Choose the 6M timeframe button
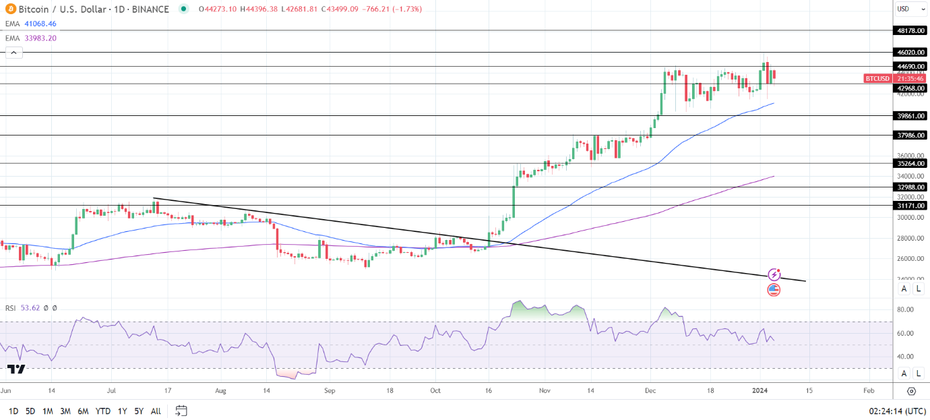click(83, 411)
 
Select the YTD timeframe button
click(102, 411)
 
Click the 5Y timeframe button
click(138, 411)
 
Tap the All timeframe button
click(156, 411)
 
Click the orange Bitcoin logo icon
click(9, 9)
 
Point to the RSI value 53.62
click(30, 307)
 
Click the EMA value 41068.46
click(40, 24)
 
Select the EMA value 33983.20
click(40, 38)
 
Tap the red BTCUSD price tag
click(877, 78)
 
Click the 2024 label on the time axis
click(760, 390)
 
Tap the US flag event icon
click(774, 290)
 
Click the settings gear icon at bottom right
click(911, 391)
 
